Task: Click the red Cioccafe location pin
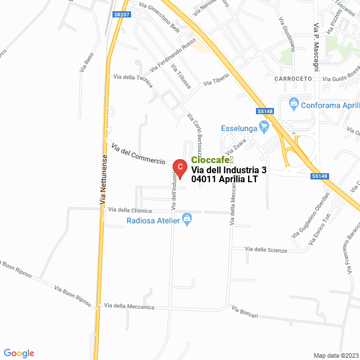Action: click(x=179, y=167)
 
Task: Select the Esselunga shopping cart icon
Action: click(x=263, y=128)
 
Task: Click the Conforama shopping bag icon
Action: click(x=293, y=104)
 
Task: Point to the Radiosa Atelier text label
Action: click(x=153, y=220)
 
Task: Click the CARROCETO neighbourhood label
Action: click(x=292, y=79)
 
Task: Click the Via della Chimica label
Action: click(x=130, y=210)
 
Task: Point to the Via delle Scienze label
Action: click(x=266, y=250)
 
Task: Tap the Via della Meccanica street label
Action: click(x=129, y=307)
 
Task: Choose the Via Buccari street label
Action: click(x=245, y=313)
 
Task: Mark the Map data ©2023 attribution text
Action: click(x=336, y=355)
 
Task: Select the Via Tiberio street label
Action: click(x=216, y=79)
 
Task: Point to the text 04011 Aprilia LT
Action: click(x=224, y=179)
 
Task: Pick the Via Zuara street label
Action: click(x=236, y=147)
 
